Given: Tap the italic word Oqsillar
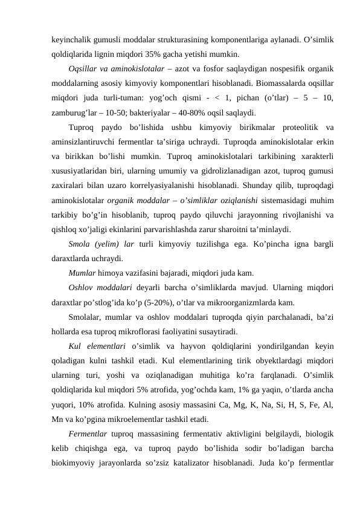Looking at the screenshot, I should (82, 68).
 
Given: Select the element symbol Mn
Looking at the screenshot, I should (59, 420).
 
